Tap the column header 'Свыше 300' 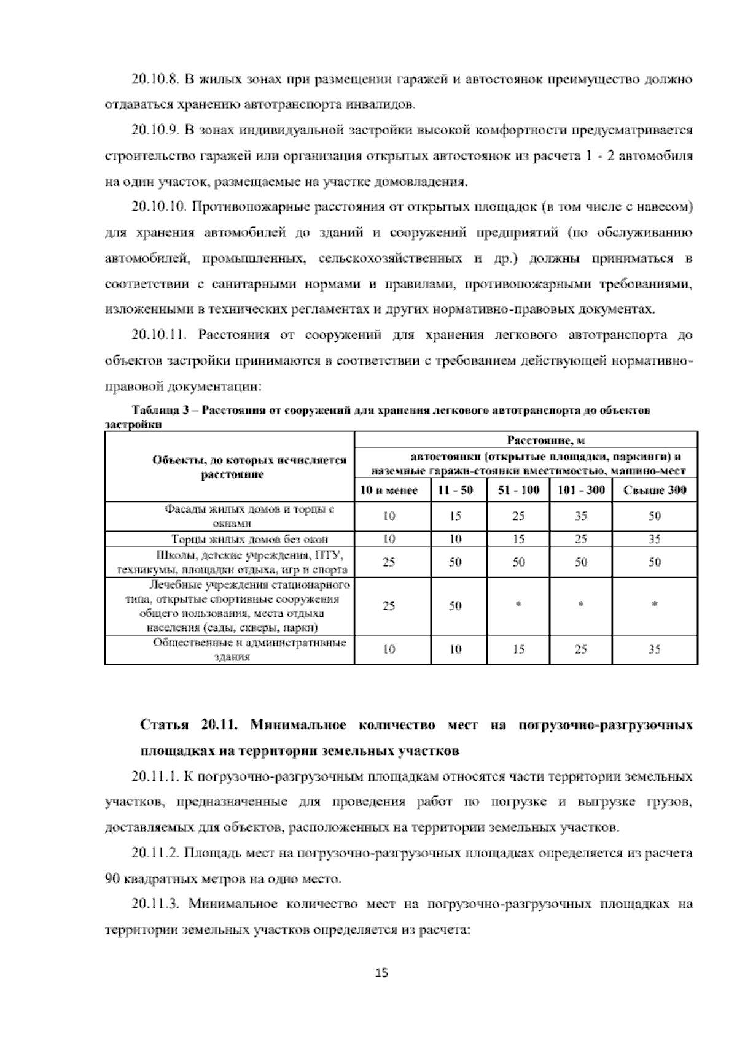click(x=655, y=490)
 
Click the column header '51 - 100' click(x=518, y=490)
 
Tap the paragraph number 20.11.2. click(x=156, y=853)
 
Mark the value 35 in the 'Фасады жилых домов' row click(x=581, y=516)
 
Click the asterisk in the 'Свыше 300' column click(x=655, y=605)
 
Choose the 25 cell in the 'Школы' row click(x=389, y=562)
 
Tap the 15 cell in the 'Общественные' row click(x=518, y=650)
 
